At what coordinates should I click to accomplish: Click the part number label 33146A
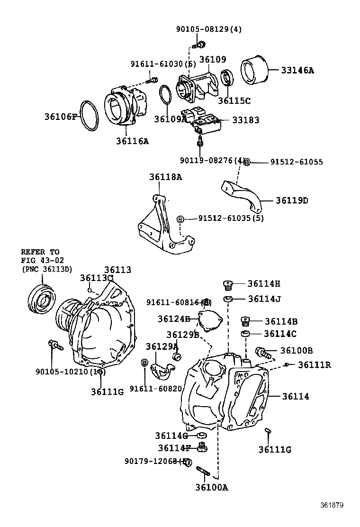coord(297,71)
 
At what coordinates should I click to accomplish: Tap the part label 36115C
coord(234,100)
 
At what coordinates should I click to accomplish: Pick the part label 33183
coord(245,120)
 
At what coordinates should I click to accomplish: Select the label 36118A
coord(165,177)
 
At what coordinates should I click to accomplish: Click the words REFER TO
coord(40,252)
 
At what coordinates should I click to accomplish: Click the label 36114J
coord(264,299)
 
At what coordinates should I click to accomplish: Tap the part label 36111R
coord(315,364)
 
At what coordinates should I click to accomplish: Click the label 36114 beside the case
coord(296,396)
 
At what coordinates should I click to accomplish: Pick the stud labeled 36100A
coord(203,472)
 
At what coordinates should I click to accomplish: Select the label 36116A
coord(132,141)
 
